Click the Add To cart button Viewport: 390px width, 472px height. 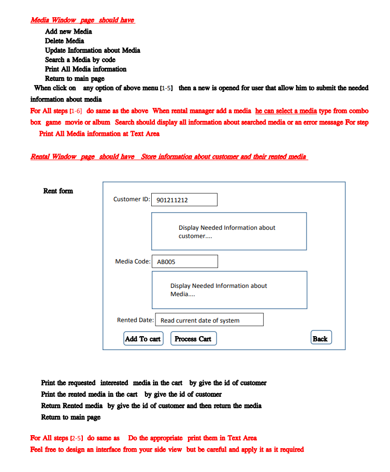click(x=143, y=339)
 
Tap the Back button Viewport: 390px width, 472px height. click(x=321, y=338)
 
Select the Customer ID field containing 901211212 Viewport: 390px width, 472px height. click(x=184, y=200)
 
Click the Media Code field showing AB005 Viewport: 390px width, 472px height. click(x=184, y=261)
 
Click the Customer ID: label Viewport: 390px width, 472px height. click(x=132, y=199)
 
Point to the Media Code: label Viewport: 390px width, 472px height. click(x=133, y=261)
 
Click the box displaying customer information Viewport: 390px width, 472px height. click(x=228, y=231)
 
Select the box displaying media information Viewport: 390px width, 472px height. click(x=229, y=290)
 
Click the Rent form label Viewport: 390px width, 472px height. click(x=58, y=191)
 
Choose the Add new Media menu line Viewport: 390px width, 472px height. click(x=68, y=31)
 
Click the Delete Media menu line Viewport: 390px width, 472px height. click(x=64, y=40)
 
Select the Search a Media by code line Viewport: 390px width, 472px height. click(x=80, y=60)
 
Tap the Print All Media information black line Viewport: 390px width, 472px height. click(x=85, y=69)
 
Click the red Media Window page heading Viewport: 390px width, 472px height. click(x=82, y=20)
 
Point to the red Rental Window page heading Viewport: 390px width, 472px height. click(x=169, y=157)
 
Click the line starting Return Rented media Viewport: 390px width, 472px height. click(x=151, y=406)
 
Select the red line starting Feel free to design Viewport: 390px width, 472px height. click(x=167, y=449)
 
